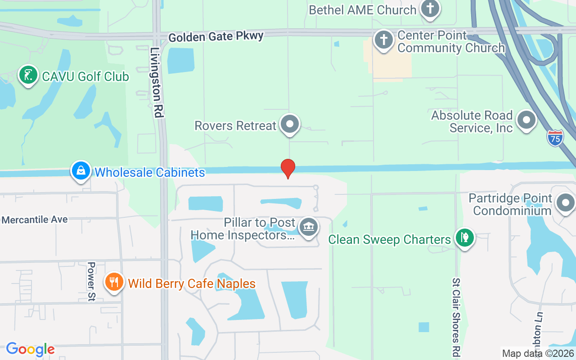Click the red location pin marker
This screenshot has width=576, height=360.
click(288, 168)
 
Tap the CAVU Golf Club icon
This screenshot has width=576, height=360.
click(28, 75)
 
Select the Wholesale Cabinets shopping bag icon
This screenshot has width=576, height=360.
click(81, 171)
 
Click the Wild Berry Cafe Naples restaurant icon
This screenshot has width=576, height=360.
click(114, 282)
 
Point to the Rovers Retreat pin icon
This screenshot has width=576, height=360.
click(290, 124)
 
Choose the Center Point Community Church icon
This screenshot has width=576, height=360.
click(384, 40)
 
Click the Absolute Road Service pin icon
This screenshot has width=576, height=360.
click(526, 121)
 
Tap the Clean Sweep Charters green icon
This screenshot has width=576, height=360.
click(464, 237)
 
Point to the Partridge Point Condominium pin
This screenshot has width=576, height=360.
click(566, 203)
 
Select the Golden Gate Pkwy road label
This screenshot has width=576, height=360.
click(216, 36)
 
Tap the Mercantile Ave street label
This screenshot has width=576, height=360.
click(35, 220)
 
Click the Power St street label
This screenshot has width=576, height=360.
click(91, 276)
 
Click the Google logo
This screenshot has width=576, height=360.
click(30, 349)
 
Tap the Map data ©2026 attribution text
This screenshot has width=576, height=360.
click(538, 354)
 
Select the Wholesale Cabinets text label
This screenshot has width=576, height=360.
click(149, 172)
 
